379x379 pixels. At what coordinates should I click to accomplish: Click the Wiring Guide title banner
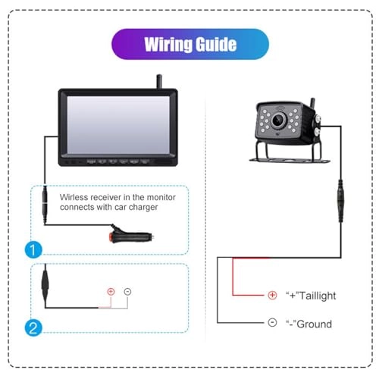[190, 44]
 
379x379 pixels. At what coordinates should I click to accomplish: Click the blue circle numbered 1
[33, 248]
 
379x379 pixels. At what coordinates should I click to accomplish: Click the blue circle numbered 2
[33, 327]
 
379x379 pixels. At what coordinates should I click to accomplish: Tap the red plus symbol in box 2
[111, 291]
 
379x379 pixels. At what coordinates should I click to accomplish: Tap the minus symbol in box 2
[127, 291]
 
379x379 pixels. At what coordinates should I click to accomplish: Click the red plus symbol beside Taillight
[272, 296]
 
